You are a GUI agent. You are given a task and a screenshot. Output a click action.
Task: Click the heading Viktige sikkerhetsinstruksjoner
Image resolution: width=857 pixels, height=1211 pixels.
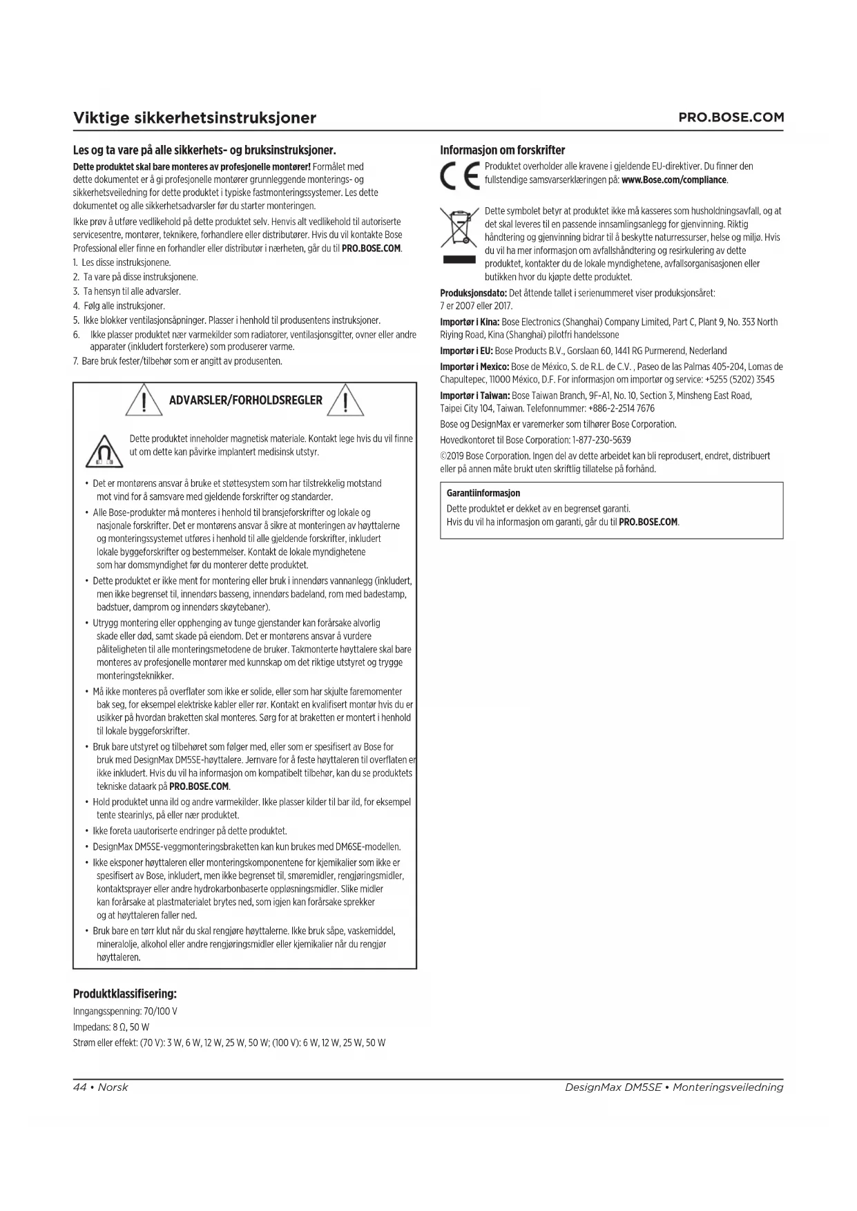[x=195, y=117]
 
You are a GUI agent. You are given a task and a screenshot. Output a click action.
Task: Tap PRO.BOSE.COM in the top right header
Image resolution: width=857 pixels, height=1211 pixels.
[x=731, y=117]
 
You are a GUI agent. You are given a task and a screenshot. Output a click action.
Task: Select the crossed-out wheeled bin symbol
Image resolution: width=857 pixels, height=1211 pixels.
[x=459, y=229]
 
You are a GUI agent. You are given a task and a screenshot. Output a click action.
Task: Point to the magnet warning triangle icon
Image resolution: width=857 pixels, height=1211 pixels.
[x=104, y=452]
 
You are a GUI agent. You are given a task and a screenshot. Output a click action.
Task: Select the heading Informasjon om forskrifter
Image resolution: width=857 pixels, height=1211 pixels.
[x=503, y=150]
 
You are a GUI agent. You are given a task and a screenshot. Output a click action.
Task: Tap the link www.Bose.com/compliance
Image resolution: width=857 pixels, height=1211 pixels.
[x=674, y=180]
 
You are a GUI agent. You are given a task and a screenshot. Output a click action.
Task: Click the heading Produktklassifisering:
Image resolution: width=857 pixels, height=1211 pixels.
[x=125, y=994]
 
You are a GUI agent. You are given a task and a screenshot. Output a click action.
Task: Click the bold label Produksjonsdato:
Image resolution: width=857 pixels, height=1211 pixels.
[x=474, y=293]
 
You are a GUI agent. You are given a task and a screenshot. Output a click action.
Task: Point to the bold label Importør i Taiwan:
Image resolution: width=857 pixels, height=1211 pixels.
[x=475, y=396]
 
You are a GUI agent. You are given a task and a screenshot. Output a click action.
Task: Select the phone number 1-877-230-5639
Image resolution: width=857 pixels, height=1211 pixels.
[x=601, y=440]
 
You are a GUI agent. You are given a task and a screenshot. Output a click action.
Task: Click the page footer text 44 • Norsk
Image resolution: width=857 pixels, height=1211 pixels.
[x=101, y=1087]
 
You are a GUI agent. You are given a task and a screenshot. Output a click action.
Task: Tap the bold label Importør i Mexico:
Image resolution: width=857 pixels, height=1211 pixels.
[x=475, y=367]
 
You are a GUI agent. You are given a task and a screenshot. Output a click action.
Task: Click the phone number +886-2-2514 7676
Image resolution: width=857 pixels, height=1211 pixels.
[x=622, y=408]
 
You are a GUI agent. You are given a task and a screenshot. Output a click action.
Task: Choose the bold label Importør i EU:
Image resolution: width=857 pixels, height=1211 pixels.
[x=467, y=351]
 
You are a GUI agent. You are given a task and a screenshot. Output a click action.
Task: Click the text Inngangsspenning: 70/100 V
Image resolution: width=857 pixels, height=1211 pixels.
[x=126, y=1011]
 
